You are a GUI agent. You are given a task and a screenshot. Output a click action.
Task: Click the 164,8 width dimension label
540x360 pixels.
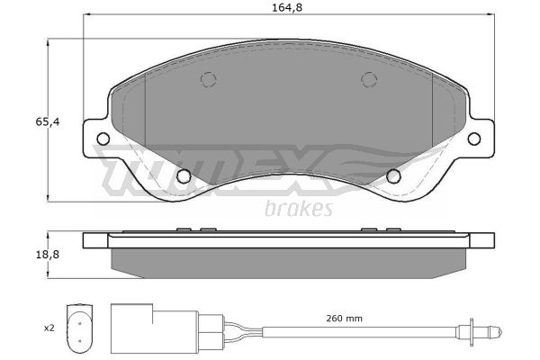(x=287, y=7)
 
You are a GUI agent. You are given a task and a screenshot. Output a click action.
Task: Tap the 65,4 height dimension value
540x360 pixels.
(x=48, y=122)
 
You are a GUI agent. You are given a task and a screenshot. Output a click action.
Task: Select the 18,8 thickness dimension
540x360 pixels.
(x=48, y=255)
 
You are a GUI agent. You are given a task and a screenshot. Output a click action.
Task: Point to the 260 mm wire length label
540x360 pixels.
(x=344, y=319)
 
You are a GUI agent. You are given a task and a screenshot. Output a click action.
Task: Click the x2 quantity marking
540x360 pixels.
(x=49, y=328)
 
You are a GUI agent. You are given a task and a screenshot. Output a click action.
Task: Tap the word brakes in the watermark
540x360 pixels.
(x=299, y=209)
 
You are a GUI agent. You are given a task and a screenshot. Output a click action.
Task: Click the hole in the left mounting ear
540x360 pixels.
(x=103, y=139)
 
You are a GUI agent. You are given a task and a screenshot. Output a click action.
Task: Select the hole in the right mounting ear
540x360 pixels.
(x=474, y=139)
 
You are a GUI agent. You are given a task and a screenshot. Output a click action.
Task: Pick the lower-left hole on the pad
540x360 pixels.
(x=184, y=176)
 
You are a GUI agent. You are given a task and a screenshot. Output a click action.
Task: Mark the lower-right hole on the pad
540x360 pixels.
(x=393, y=176)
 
